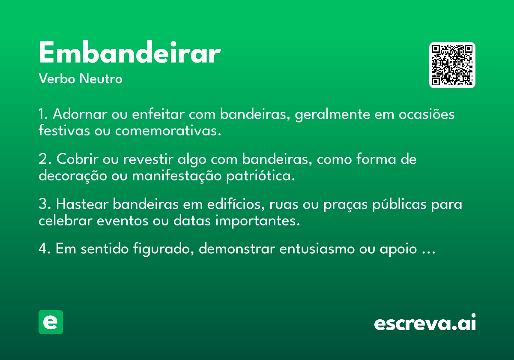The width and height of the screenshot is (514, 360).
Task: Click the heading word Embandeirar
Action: pyautogui.click(x=130, y=52)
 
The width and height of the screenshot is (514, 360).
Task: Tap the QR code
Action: pyautogui.click(x=452, y=65)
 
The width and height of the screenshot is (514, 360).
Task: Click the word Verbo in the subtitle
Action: pyautogui.click(x=57, y=79)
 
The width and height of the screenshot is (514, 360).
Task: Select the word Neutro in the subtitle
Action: pyautogui.click(x=101, y=79)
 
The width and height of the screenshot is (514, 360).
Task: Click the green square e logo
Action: pyautogui.click(x=51, y=322)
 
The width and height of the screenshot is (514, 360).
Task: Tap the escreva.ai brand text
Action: pyautogui.click(x=425, y=322)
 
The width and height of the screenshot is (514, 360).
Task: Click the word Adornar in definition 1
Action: pyautogui.click(x=80, y=114)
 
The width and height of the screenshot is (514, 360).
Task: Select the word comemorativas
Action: pyautogui.click(x=168, y=131)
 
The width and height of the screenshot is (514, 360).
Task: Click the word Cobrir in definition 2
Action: pyautogui.click(x=78, y=159)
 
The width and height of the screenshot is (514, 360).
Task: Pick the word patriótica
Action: pyautogui.click(x=261, y=176)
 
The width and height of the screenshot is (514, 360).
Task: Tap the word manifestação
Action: pyautogui.click(x=177, y=176)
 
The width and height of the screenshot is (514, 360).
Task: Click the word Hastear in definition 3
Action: pyautogui.click(x=82, y=204)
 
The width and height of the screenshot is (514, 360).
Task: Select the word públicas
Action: pyautogui.click(x=399, y=204)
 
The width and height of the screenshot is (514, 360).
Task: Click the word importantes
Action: pyautogui.click(x=258, y=221)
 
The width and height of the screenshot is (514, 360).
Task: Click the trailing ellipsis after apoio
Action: pyautogui.click(x=429, y=252)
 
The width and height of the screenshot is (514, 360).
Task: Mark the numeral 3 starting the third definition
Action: pyautogui.click(x=43, y=204)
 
